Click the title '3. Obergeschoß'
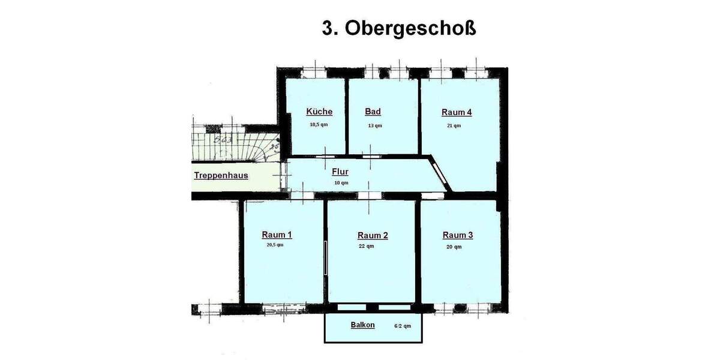399,29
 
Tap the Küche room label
319,112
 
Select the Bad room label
373,112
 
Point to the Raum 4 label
457,112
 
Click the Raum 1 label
277,235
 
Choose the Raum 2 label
373,235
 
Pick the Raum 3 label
458,235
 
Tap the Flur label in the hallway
340,172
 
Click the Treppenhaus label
221,176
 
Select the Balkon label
362,325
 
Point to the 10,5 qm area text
319,125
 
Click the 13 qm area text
374,125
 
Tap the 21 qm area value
454,125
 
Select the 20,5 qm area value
275,245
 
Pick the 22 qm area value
366,246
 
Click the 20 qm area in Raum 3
454,247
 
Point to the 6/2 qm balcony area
403,326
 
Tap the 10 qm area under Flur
341,182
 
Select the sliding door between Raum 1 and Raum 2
325,258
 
